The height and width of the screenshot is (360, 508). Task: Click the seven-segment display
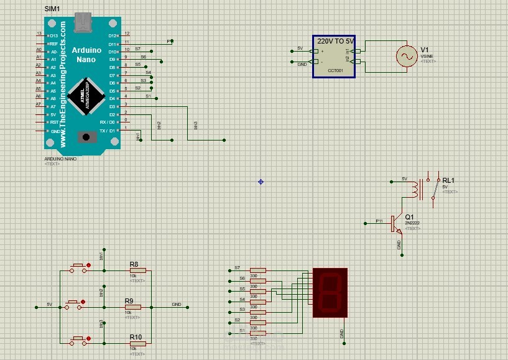point(330,292)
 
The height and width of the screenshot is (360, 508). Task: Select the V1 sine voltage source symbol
point(408,57)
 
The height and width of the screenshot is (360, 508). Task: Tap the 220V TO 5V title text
point(335,40)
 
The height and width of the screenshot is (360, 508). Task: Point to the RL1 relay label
point(448,180)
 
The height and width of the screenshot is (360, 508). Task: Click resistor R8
point(138,270)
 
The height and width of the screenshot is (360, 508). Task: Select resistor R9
point(133,307)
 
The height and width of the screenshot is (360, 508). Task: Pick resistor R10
point(138,343)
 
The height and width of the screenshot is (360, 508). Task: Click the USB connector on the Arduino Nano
point(82,24)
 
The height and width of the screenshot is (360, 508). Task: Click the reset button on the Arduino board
point(84,136)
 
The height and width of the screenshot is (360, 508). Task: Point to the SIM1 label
point(53,10)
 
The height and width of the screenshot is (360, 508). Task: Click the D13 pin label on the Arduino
point(53,36)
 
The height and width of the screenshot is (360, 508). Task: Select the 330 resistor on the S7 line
point(257,270)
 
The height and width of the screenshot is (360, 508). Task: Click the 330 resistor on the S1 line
point(257,333)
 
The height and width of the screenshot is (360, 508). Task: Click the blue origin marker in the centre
point(261,182)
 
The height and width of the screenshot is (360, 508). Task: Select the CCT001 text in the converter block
point(335,70)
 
